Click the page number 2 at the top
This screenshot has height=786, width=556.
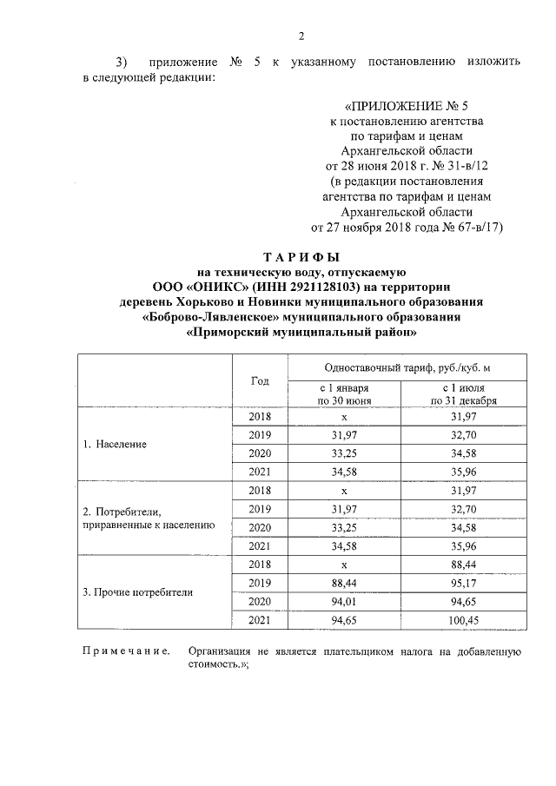[301, 36]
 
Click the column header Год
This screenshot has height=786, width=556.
[260, 380]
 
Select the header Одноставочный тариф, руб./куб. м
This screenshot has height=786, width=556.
[406, 368]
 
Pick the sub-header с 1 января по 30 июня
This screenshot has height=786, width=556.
[344, 394]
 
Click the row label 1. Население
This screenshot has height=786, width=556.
[115, 444]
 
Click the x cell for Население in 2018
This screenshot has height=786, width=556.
[344, 417]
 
